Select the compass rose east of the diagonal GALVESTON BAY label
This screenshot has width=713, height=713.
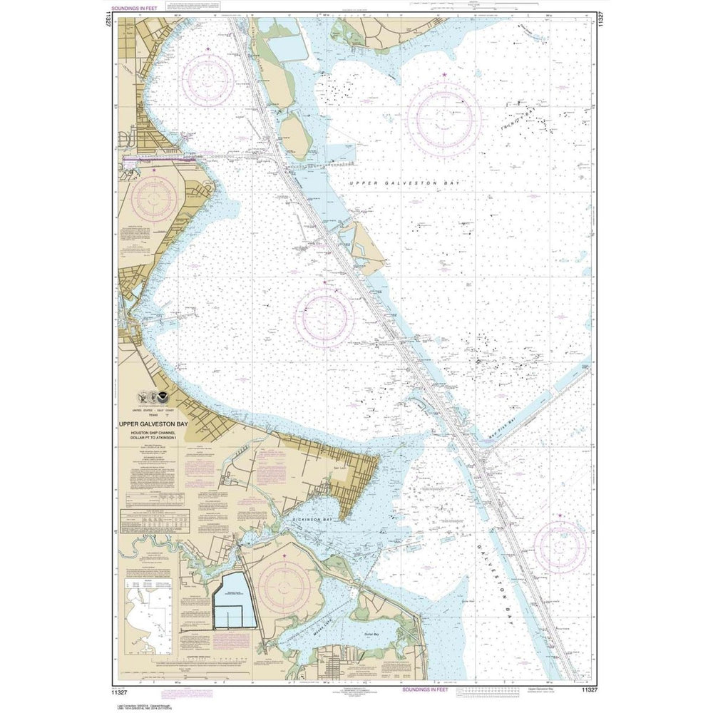[560, 546]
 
